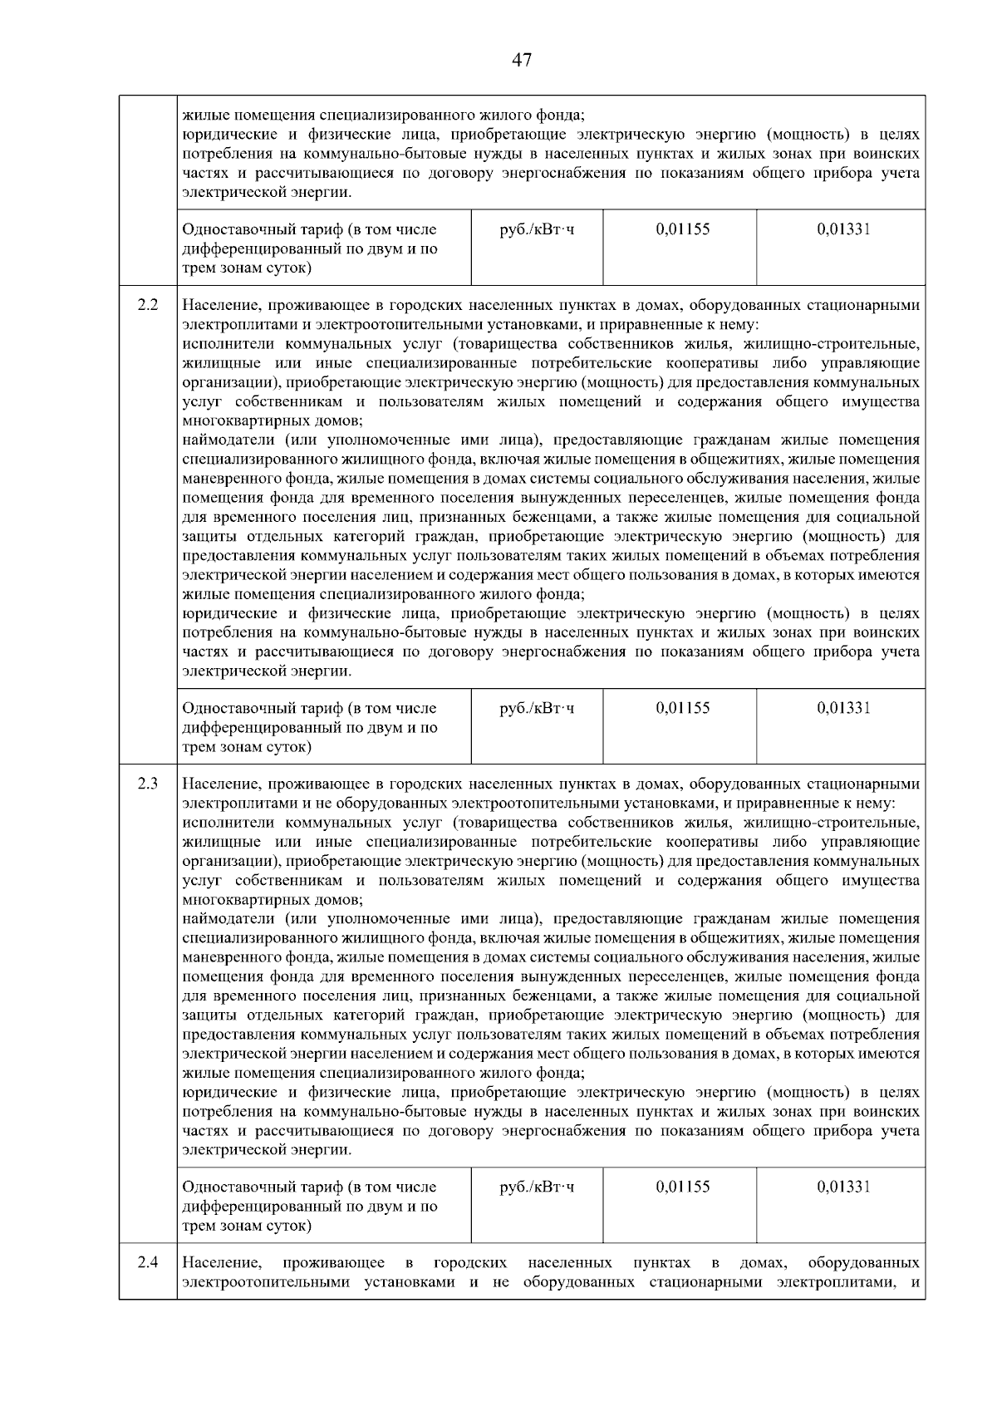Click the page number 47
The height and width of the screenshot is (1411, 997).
522,60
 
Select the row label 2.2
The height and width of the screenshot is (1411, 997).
148,305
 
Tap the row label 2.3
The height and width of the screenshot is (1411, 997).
148,784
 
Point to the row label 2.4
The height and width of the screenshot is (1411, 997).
148,1262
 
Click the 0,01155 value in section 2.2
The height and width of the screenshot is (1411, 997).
682,708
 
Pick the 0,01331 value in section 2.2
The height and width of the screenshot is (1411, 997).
843,708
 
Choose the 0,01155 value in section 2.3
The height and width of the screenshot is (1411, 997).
682,1187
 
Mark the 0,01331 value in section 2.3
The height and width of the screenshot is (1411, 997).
843,1187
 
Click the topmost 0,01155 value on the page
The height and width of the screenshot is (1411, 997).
682,229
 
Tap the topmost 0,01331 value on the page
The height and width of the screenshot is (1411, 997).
843,229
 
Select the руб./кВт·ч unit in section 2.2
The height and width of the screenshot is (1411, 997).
537,708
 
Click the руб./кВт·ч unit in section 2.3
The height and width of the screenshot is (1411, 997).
537,1187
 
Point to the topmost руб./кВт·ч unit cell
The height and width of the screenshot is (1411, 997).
537,229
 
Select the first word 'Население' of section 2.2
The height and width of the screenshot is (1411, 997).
218,305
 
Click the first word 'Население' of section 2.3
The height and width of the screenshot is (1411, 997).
218,784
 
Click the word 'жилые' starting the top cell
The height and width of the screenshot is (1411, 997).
200,116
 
